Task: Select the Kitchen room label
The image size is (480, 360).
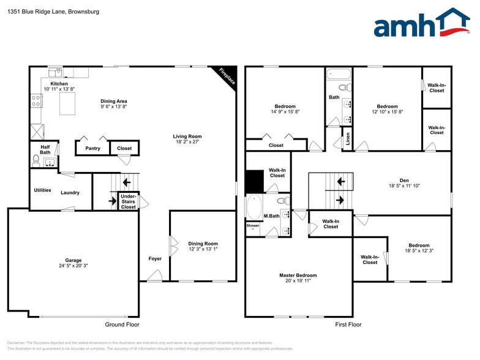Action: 59,83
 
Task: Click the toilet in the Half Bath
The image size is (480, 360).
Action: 36,160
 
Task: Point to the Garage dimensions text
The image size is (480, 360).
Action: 73,266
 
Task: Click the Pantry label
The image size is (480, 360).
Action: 92,148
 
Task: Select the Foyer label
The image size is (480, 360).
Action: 155,258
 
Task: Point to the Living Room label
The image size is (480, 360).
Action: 187,137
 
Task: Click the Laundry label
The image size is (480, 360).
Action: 70,192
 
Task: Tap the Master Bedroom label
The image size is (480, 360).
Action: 298,276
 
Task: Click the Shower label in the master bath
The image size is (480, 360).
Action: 253,225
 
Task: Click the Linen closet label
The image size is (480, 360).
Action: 348,140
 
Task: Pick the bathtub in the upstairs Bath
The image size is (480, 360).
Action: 339,75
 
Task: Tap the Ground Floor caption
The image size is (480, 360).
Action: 122,324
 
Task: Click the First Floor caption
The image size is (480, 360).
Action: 348,324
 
